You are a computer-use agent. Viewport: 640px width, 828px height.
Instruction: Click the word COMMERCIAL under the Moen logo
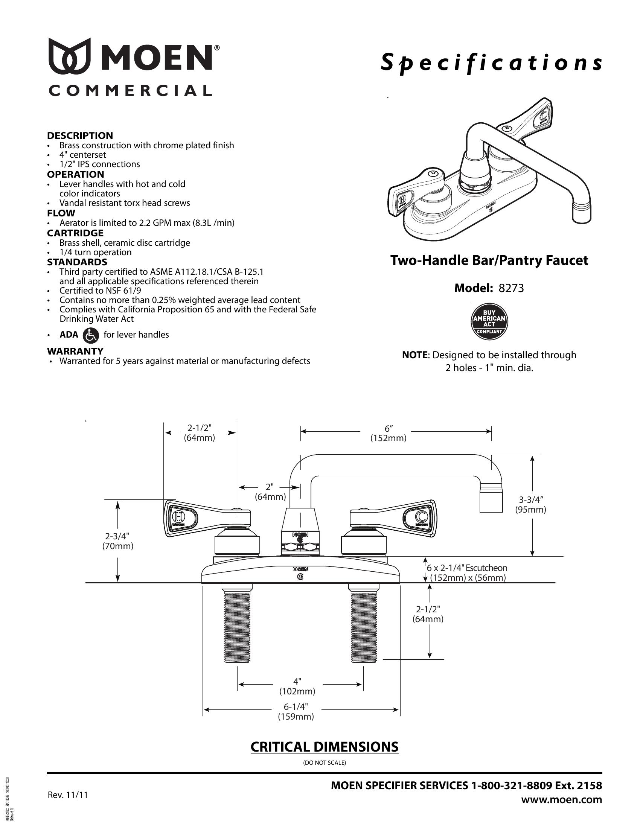pyautogui.click(x=130, y=91)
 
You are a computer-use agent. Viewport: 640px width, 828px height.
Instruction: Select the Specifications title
pyautogui.click(x=491, y=63)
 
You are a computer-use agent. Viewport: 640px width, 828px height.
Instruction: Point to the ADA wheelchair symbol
pyautogui.click(x=90, y=335)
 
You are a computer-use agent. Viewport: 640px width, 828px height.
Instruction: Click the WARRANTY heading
pyautogui.click(x=75, y=351)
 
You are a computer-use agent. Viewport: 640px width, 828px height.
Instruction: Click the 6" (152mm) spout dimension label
pyautogui.click(x=388, y=433)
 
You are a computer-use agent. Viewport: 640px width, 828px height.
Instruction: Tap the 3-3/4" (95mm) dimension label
pyautogui.click(x=530, y=505)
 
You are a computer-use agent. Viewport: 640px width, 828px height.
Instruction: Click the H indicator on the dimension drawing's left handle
pyautogui.click(x=178, y=516)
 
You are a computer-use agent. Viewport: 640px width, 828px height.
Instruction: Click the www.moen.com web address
pyautogui.click(x=561, y=799)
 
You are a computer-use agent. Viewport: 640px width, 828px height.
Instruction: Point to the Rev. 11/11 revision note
pyautogui.click(x=67, y=795)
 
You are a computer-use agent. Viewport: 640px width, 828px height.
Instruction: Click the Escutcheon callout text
pyautogui.click(x=467, y=572)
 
